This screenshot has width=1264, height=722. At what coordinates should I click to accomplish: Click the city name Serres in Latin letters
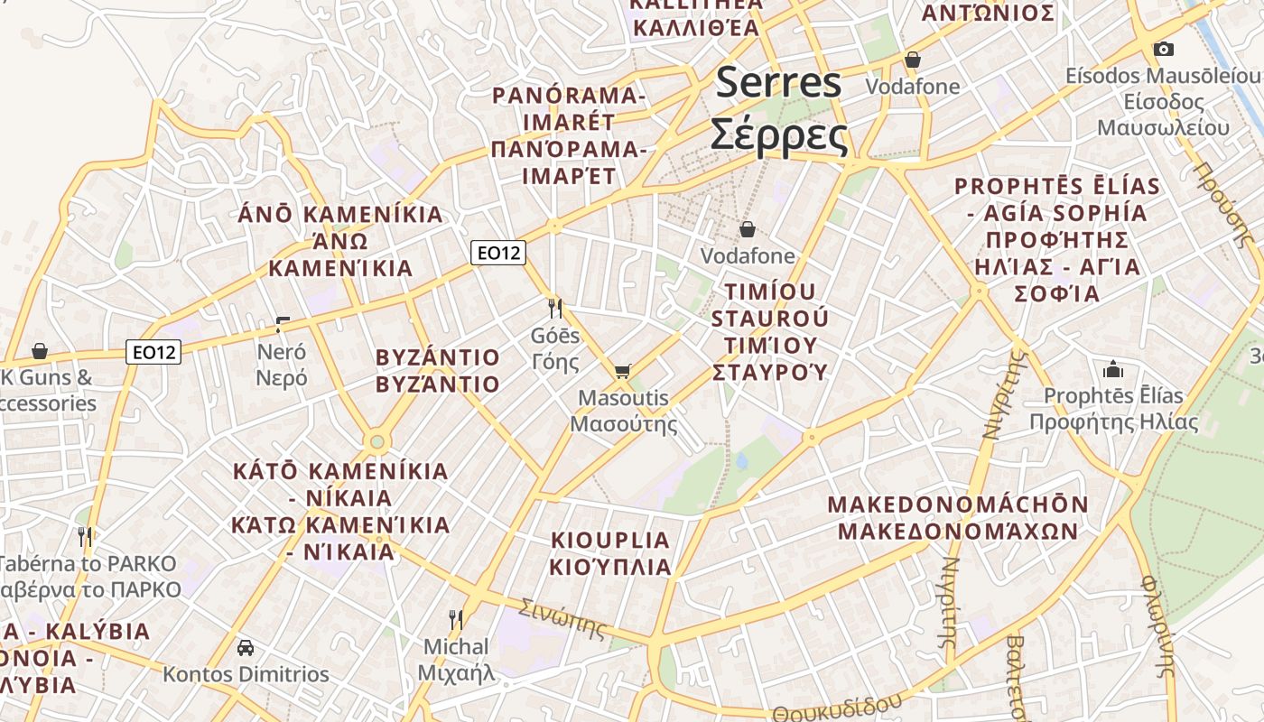tap(778, 84)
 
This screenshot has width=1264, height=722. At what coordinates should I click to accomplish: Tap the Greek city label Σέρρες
tap(778, 135)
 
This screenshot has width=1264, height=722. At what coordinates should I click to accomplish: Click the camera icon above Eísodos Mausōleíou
tap(1164, 49)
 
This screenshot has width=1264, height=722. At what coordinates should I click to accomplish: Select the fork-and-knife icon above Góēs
tap(555, 309)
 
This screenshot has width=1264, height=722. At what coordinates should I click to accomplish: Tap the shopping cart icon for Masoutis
tap(622, 371)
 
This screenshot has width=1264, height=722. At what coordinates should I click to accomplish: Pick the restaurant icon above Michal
tap(456, 620)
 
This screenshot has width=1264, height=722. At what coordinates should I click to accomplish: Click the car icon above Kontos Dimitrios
tap(245, 647)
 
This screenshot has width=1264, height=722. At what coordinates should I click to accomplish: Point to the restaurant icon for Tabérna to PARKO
tap(85, 537)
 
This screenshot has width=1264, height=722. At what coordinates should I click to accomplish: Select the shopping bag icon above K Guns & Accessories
tap(40, 350)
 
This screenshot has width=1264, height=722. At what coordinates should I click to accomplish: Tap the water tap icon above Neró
tap(283, 325)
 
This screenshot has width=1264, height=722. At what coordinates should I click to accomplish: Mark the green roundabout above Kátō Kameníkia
tap(376, 442)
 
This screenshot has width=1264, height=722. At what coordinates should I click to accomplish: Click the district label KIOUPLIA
tap(611, 541)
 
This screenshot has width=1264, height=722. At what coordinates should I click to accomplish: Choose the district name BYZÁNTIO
tap(437, 356)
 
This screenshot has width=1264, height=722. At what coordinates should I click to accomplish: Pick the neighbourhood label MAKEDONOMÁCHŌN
tap(958, 504)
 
